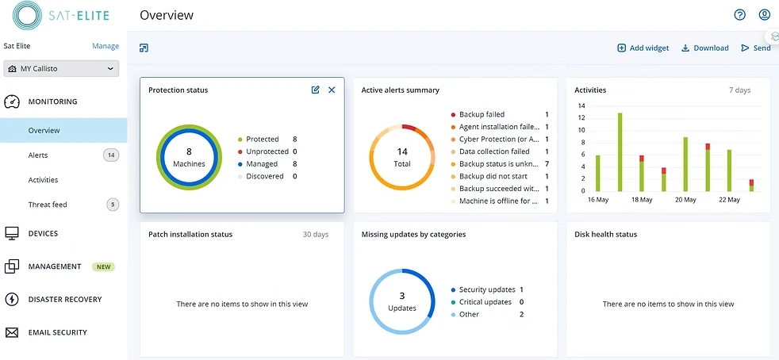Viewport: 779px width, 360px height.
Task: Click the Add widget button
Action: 643,48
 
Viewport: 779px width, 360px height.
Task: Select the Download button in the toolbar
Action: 704,48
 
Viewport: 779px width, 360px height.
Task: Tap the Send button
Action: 756,48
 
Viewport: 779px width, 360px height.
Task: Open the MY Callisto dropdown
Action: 61,69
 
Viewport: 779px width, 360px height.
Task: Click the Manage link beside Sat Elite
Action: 106,46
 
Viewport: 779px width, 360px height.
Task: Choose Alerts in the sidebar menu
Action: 38,155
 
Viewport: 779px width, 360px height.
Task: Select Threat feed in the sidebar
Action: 48,205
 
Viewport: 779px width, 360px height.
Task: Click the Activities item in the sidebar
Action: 43,180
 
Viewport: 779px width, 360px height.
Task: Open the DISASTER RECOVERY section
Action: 65,300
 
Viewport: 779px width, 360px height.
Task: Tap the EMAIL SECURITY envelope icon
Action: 12,333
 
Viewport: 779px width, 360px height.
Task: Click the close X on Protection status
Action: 332,90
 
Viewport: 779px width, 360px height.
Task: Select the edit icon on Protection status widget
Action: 316,90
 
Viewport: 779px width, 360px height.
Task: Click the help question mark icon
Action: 740,15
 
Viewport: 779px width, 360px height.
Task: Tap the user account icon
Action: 765,15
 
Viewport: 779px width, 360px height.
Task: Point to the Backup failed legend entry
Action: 482,115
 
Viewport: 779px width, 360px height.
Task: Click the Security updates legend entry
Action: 486,290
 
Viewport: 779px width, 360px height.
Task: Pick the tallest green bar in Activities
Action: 620,152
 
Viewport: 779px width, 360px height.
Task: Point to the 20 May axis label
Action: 685,200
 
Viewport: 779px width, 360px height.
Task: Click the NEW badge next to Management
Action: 103,267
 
